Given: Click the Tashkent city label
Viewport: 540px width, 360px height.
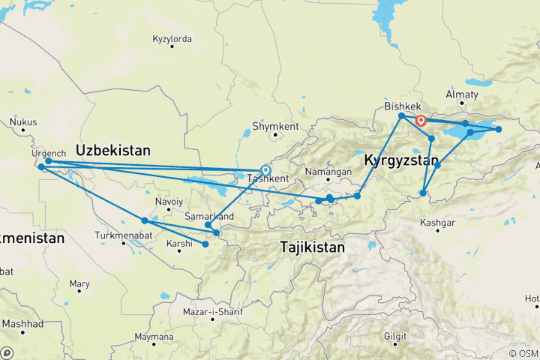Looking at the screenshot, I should click(267, 179).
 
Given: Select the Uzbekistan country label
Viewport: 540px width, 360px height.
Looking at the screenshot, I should click(112, 149).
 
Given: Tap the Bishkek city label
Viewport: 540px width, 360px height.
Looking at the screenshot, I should click(402, 106).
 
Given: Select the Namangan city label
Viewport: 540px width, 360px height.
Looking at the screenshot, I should click(328, 172).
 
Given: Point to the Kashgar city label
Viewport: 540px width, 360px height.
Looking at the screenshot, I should click(439, 223).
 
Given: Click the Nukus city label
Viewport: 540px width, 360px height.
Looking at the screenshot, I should click(23, 121).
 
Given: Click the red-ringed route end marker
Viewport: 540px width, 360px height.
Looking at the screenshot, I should click(421, 120).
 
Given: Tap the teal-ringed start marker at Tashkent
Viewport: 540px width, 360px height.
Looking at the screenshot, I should click(265, 169).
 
